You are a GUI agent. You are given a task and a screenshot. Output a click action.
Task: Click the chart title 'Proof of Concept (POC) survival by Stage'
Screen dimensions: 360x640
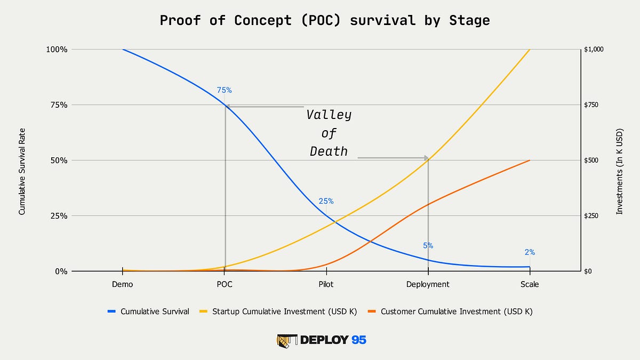point(325,21)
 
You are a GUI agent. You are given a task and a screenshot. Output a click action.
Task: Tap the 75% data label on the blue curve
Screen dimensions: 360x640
point(224,90)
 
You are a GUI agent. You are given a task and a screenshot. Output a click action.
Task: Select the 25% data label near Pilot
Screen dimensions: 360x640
point(326,201)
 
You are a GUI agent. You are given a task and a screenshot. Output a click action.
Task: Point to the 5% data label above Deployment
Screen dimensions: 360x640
point(428,246)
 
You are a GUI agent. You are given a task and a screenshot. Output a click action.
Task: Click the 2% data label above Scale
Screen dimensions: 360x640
point(529,252)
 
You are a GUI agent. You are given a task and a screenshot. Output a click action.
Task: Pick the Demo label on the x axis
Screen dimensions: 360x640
point(123,284)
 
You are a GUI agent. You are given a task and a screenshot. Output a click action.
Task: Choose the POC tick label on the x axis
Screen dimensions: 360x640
point(225,284)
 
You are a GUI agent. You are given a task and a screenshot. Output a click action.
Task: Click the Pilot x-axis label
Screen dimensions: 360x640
point(326,284)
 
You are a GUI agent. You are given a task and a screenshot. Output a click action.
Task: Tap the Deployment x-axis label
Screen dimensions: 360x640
point(428,284)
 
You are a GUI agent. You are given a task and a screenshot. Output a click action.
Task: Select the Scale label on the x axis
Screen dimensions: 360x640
point(530,284)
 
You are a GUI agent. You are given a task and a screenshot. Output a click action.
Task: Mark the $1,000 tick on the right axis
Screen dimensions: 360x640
point(594,49)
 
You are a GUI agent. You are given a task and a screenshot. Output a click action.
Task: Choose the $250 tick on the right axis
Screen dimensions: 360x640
point(592,215)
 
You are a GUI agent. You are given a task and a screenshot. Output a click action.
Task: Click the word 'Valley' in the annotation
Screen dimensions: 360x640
point(329,115)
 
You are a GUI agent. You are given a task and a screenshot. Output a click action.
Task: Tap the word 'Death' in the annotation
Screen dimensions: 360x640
point(329,151)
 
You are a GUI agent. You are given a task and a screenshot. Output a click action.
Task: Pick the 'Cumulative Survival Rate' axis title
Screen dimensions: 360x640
point(22,174)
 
